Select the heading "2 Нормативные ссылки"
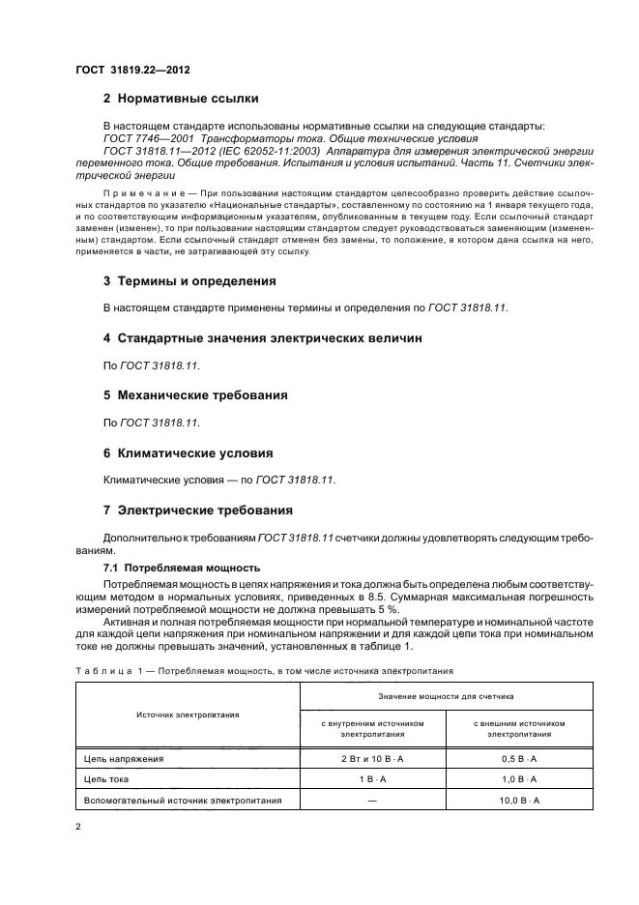181,99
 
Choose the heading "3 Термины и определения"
189,281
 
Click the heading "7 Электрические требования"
197,510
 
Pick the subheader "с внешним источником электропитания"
519,728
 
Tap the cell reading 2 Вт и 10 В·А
372,759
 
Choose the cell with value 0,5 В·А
519,759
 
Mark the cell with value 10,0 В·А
519,801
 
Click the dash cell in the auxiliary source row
372,801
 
